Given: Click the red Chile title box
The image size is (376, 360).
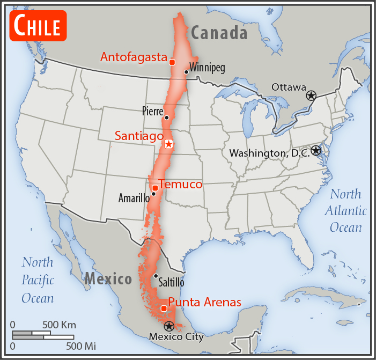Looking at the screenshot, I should [x=38, y=25].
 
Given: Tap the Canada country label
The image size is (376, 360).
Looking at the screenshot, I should [x=219, y=33].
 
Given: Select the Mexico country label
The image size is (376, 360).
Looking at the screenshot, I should [x=108, y=279].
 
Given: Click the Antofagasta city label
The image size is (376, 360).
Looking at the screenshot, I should [x=134, y=57].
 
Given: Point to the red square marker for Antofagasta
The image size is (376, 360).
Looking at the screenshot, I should [x=172, y=62].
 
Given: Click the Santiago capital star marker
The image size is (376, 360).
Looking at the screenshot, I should [x=168, y=144].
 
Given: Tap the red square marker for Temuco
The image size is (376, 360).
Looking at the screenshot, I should [x=155, y=187].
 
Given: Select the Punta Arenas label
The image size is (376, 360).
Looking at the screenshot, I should [x=204, y=303].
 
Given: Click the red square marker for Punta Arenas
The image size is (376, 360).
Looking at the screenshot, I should [x=164, y=308].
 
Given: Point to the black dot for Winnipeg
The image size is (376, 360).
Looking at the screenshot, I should [x=186, y=71].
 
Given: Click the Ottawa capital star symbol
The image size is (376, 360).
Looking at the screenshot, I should [x=311, y=95].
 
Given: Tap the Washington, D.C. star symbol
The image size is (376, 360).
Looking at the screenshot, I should [x=316, y=151].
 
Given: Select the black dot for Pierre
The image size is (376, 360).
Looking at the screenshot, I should [x=167, y=117].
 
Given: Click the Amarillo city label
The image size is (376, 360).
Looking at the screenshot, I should [x=134, y=199].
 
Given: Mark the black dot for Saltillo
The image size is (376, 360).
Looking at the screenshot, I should [x=156, y=276].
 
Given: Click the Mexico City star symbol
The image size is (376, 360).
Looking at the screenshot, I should [x=168, y=326].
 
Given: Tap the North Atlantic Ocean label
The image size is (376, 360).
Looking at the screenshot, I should [x=345, y=211].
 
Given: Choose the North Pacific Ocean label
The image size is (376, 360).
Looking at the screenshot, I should [x=38, y=280].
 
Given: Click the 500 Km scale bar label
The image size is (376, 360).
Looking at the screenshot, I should [x=60, y=325].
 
